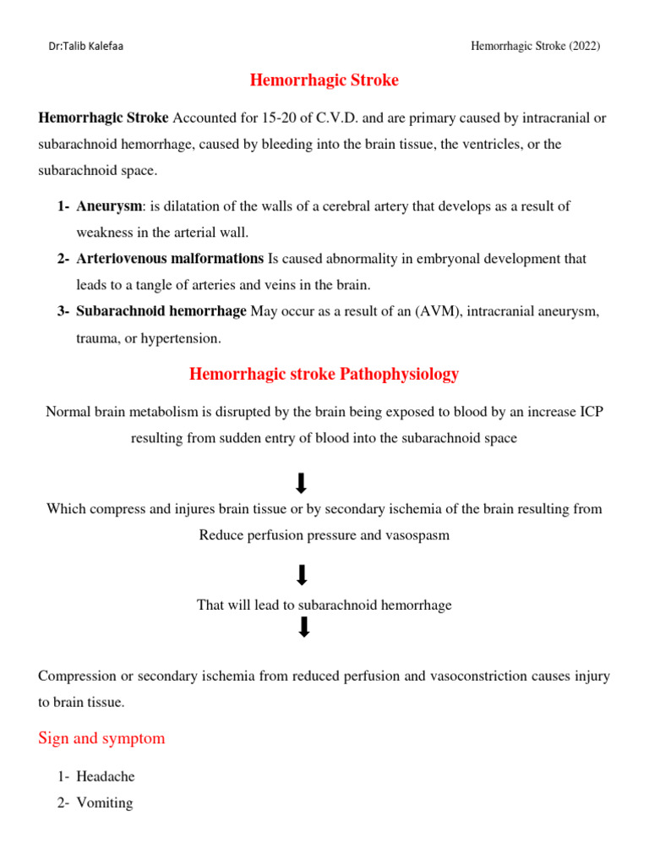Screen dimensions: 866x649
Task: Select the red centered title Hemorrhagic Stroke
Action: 324,81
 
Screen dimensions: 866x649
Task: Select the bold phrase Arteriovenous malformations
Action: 170,259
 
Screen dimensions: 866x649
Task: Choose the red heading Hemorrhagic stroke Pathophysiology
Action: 324,374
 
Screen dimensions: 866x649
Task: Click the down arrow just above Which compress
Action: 301,483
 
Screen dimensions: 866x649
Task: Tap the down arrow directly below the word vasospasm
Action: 303,576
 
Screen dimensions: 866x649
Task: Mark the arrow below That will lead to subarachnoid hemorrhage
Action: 304,627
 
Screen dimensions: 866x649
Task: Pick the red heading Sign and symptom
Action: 101,738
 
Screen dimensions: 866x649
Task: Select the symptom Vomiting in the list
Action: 105,803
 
